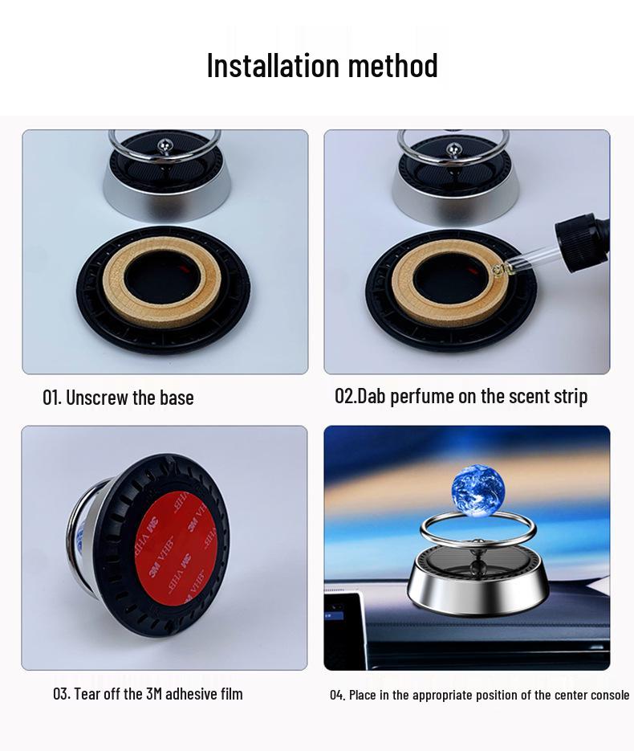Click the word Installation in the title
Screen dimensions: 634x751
[273, 65]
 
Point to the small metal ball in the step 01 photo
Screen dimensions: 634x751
[165, 144]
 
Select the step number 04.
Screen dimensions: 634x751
[337, 695]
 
